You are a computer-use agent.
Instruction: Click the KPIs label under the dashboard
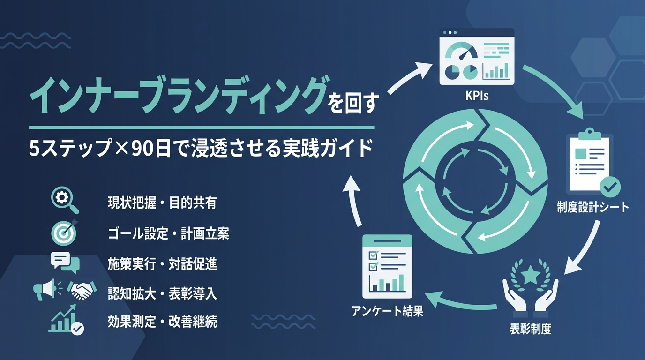pyautogui.click(x=477, y=96)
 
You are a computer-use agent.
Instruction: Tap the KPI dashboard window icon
pyautogui.click(x=477, y=56)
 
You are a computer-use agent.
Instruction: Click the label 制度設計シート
pyautogui.click(x=593, y=207)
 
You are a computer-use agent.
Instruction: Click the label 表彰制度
pyautogui.click(x=531, y=329)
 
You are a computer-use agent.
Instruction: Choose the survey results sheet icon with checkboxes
pyautogui.click(x=387, y=267)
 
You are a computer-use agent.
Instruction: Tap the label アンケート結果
pyautogui.click(x=387, y=311)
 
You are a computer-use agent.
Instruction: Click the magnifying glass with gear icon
pyautogui.click(x=65, y=200)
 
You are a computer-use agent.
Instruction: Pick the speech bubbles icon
pyautogui.click(x=65, y=262)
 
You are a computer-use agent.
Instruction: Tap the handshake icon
pyautogui.click(x=82, y=290)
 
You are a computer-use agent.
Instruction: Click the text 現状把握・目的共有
pyautogui.click(x=162, y=203)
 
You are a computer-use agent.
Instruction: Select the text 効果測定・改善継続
pyautogui.click(x=162, y=322)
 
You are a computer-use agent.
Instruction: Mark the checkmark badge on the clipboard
pyautogui.click(x=610, y=187)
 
